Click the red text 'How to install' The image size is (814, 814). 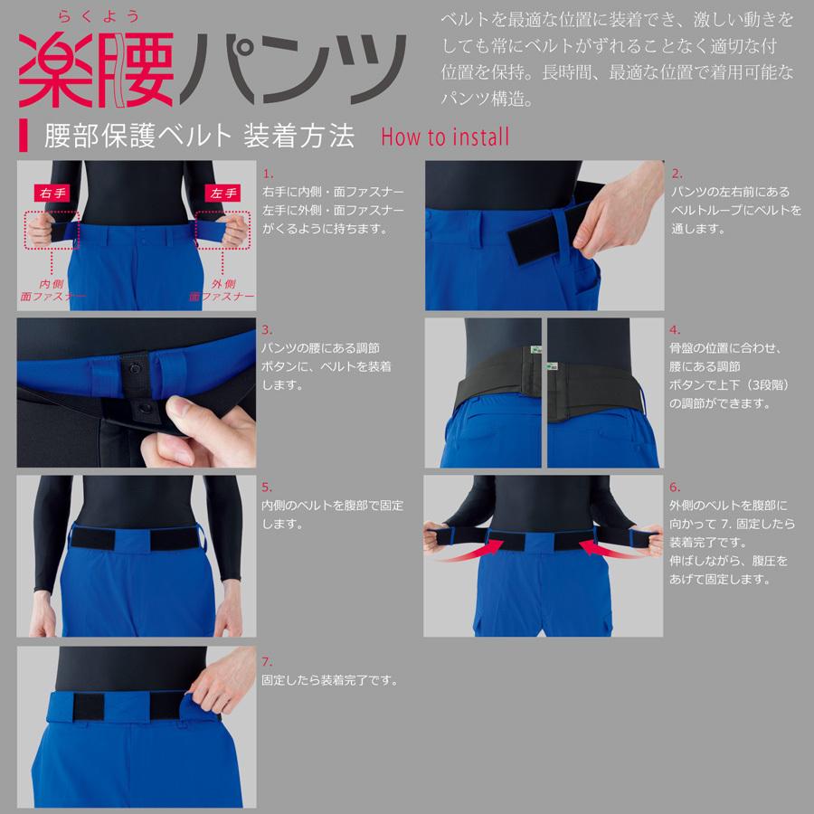point(445,137)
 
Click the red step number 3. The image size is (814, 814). point(267,330)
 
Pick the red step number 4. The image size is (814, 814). point(676,330)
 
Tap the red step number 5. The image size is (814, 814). point(267,487)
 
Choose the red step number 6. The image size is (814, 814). point(676,487)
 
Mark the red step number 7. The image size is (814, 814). point(267,662)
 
